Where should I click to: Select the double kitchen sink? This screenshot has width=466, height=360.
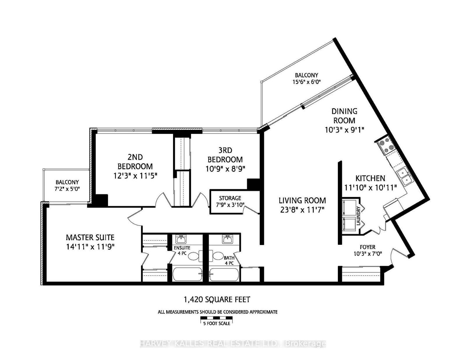(404, 176)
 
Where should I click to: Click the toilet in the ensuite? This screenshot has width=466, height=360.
(193, 256)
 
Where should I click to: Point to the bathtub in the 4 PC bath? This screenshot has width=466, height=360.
(224, 274)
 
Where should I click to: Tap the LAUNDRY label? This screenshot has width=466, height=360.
(359, 216)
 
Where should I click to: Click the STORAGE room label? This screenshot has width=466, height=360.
(230, 198)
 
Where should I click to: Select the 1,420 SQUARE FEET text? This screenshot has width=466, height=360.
(217, 299)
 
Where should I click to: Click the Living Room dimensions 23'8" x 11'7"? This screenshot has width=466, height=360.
(302, 209)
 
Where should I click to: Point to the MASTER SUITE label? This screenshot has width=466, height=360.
(90, 237)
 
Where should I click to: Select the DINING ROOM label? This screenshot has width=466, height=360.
(345, 116)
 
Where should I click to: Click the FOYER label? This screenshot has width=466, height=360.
(368, 247)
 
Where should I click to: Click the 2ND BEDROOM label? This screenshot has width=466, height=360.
(135, 162)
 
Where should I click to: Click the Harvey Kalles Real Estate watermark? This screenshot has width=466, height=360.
(233, 344)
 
